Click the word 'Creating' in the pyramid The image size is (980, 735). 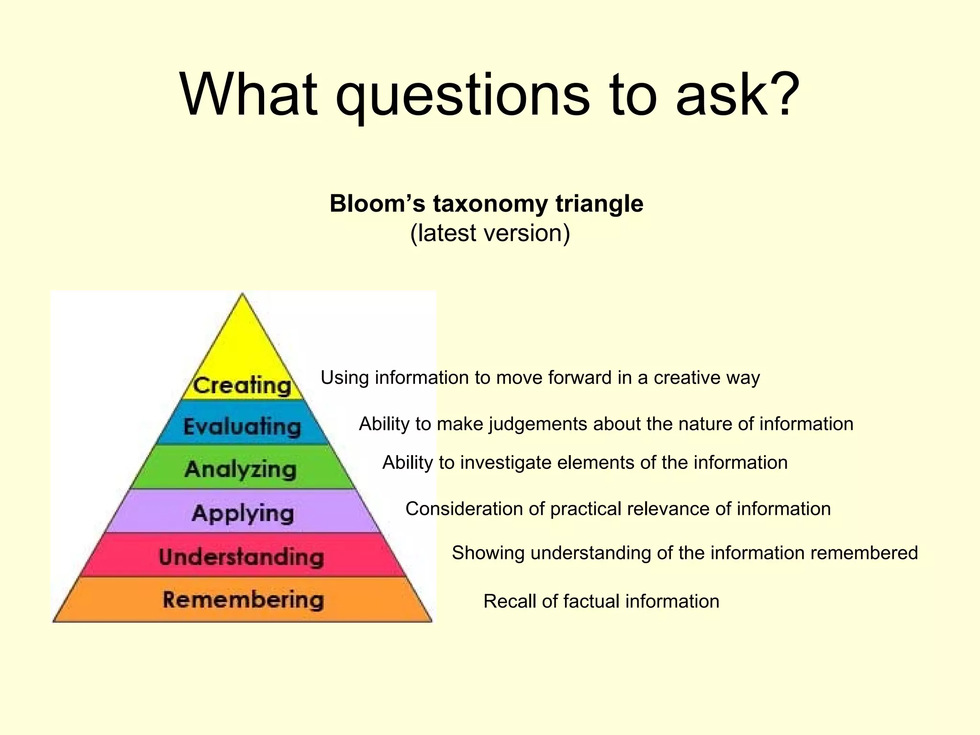pyautogui.click(x=242, y=386)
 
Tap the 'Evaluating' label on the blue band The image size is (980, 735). pyautogui.click(x=242, y=427)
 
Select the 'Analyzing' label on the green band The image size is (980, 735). pyautogui.click(x=241, y=469)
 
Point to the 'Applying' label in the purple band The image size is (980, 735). pyautogui.click(x=243, y=514)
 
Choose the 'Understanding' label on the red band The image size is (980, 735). pyautogui.click(x=242, y=557)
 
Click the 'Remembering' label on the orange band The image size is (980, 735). pyautogui.click(x=243, y=600)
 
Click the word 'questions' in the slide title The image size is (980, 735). pyautogui.click(x=462, y=96)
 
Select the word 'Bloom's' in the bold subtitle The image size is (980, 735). pyautogui.click(x=377, y=204)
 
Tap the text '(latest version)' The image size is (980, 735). pyautogui.click(x=490, y=234)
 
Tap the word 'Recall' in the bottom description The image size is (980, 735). pyautogui.click(x=510, y=601)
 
